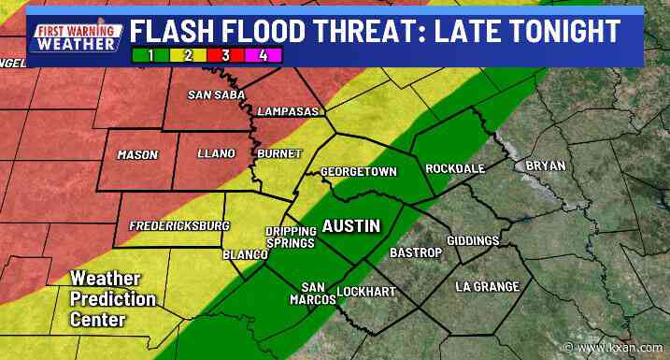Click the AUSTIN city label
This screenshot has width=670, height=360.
351,226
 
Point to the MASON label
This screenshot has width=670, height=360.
138,154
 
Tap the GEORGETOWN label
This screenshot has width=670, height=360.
359,172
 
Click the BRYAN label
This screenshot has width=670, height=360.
546,166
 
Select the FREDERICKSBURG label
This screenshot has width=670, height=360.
179,226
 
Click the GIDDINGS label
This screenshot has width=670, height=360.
473,241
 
